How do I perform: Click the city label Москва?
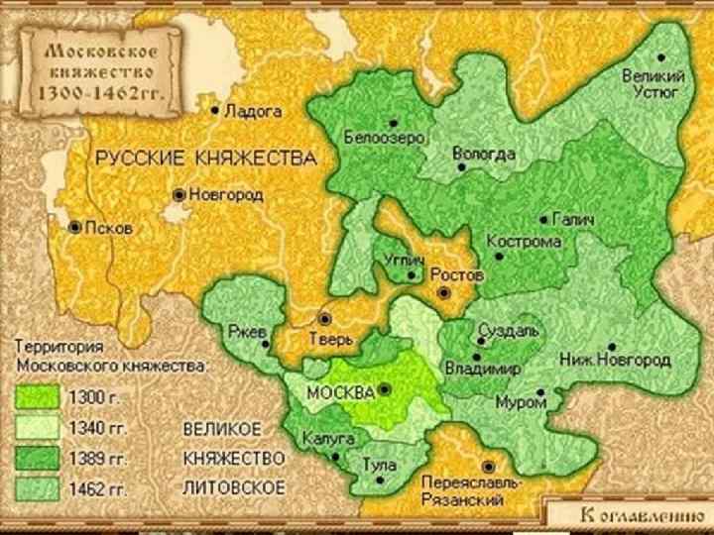click(x=340, y=391)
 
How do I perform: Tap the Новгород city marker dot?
click(x=178, y=195)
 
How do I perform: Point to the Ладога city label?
click(x=254, y=112)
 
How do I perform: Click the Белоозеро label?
click(x=384, y=137)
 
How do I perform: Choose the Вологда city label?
click(x=483, y=154)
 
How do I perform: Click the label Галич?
click(x=574, y=220)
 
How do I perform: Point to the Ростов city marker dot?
click(x=445, y=293)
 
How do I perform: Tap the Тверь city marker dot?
click(x=323, y=319)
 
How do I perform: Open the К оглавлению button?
click(x=630, y=515)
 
